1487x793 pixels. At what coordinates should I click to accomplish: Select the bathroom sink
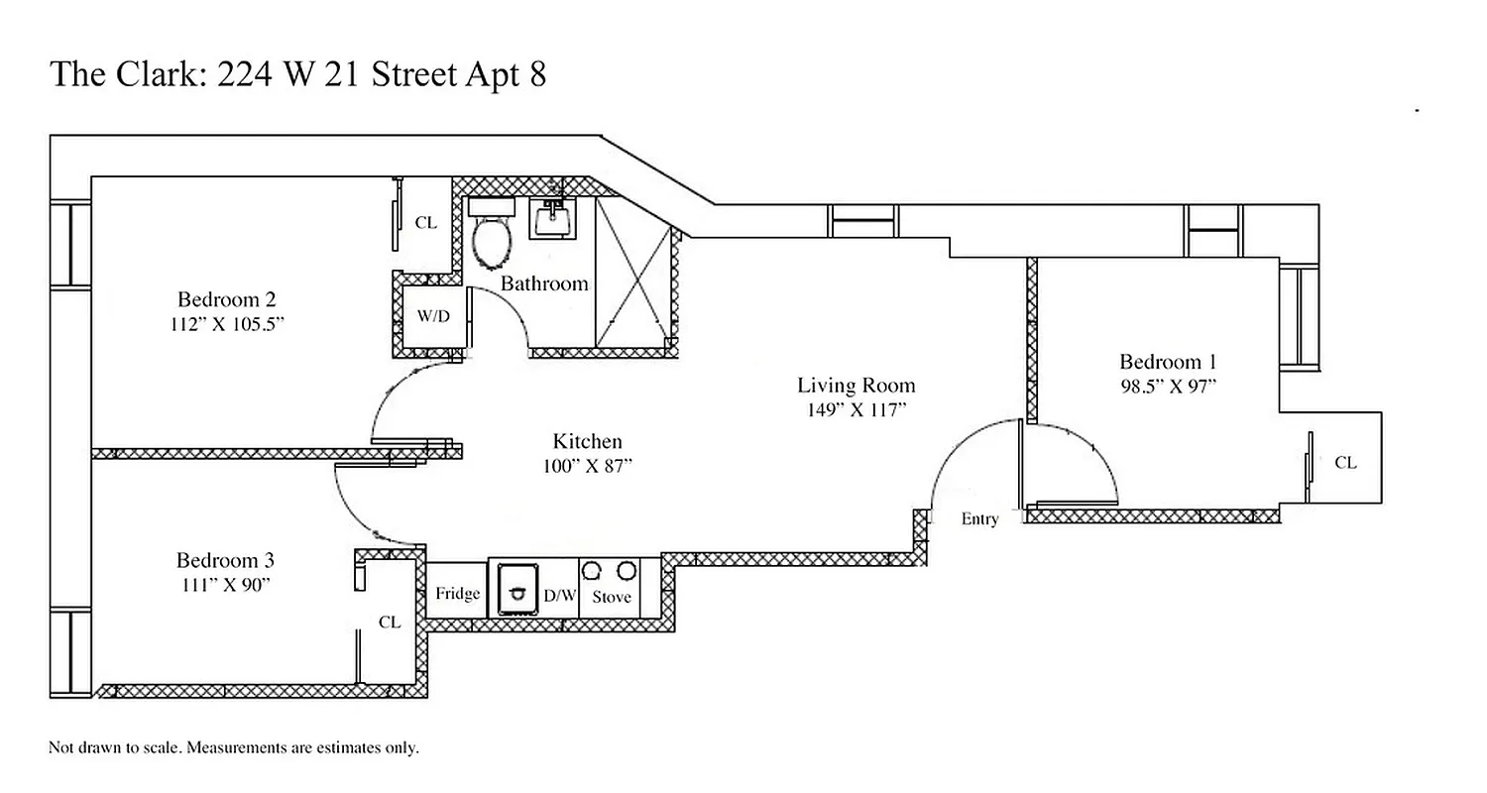pos(553,217)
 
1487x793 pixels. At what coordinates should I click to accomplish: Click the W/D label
pos(433,317)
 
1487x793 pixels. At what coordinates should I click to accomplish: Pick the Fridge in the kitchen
pos(457,594)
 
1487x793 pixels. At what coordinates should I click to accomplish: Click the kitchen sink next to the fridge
pos(516,589)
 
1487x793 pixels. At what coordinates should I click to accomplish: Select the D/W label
pos(560,596)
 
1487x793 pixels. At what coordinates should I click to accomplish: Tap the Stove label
pos(612,597)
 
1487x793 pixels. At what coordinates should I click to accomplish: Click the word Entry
pos(979,519)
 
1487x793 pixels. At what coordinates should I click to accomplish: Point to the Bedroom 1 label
pos(1168,362)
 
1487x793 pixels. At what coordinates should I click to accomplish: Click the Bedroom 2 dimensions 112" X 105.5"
pos(227,324)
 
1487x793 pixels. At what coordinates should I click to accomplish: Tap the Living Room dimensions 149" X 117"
pos(857,410)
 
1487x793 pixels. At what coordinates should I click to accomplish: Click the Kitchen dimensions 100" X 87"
pos(587,467)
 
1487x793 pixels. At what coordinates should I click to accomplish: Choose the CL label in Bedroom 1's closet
pos(1345,463)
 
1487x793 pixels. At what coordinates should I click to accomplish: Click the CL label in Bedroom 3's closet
pos(390,623)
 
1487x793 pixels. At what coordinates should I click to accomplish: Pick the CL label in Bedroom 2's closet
pos(425,223)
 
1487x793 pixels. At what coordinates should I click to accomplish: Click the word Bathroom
pos(544,284)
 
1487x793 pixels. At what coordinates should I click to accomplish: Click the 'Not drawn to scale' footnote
pos(234,747)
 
